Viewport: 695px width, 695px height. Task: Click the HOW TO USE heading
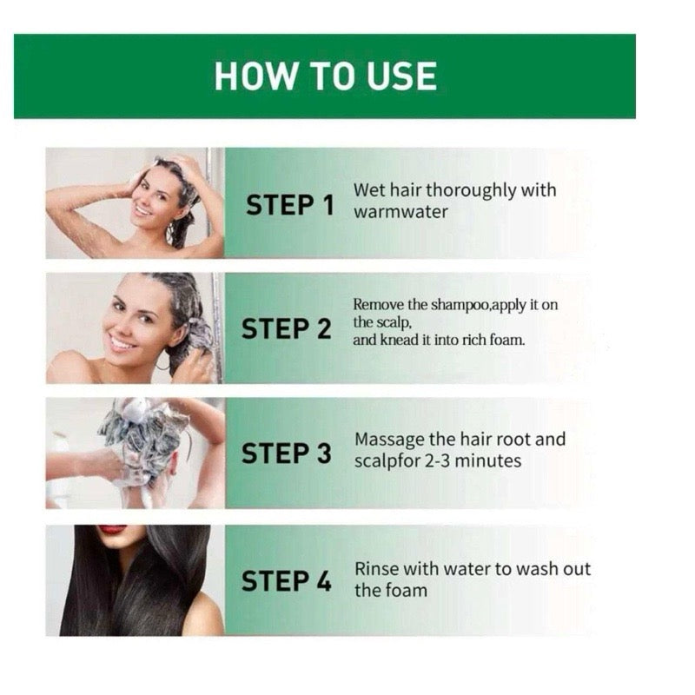[x=325, y=76]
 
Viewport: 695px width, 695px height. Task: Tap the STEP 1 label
[x=289, y=205]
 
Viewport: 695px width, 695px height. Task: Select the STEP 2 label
[x=287, y=330]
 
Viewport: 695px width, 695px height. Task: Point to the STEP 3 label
[x=287, y=453]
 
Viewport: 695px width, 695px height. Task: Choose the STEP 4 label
[x=287, y=580]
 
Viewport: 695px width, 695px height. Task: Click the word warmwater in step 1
[x=400, y=212]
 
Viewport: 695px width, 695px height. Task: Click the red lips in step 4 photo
[x=113, y=529]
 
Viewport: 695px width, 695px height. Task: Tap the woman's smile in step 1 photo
[x=143, y=209]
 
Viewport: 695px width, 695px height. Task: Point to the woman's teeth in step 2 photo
[x=122, y=342]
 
